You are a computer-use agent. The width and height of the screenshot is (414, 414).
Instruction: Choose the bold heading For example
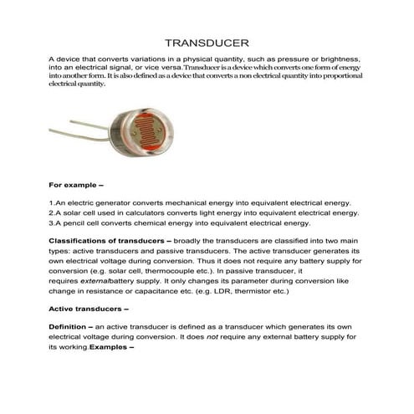click(x=76, y=182)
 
